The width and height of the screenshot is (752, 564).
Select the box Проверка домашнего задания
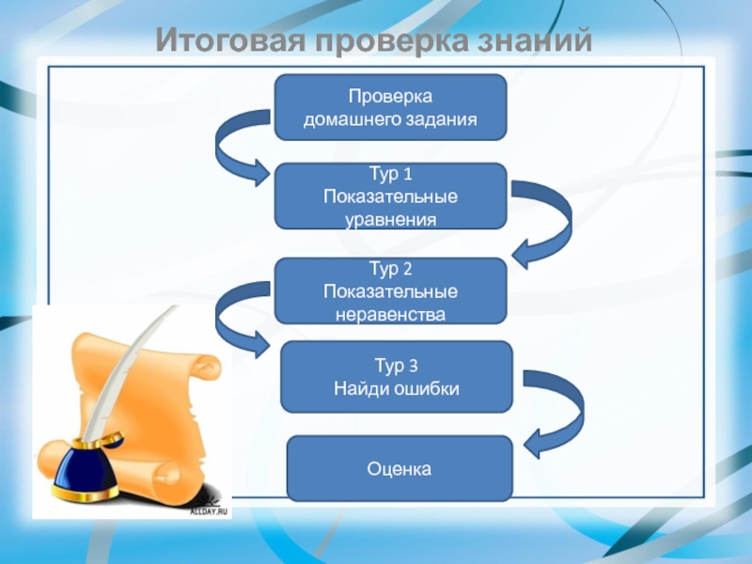[x=390, y=108]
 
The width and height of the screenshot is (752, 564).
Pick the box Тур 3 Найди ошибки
[x=397, y=376]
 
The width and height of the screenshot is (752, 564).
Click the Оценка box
[x=399, y=467]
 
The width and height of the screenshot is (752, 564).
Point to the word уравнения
[x=390, y=219]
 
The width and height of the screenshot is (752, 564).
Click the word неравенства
[x=390, y=313]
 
